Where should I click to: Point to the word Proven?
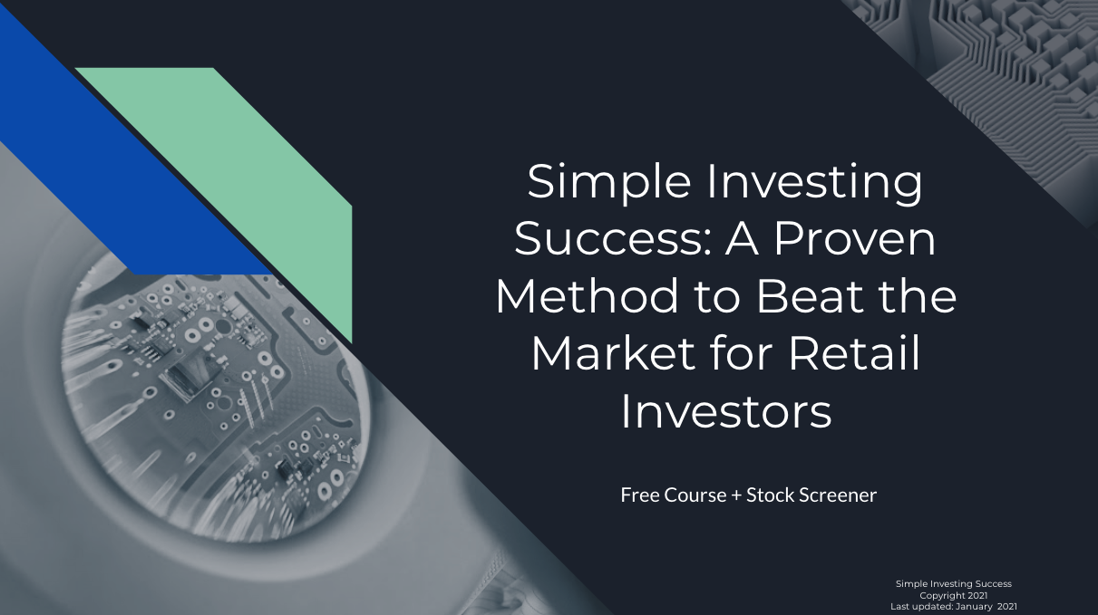(855, 239)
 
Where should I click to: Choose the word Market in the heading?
(613, 353)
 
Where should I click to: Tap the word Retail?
(854, 353)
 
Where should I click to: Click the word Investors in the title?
(726, 411)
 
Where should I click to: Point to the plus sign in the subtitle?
(736, 495)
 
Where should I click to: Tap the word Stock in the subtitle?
(770, 495)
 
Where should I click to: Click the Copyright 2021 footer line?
(954, 595)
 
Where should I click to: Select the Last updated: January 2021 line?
(954, 607)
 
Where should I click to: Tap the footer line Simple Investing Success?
(954, 583)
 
